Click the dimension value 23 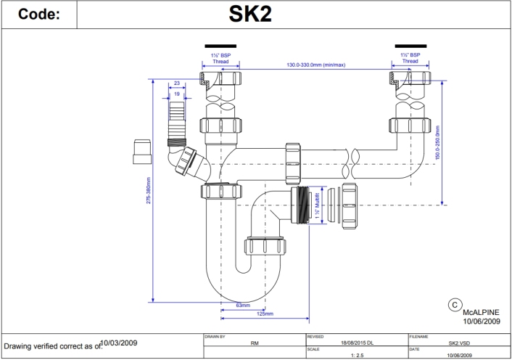coord(176,83)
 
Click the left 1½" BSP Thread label coord(219,58)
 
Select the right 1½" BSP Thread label coord(410,58)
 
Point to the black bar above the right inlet coord(410,45)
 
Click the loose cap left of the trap coord(143,152)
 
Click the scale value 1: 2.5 coord(357,355)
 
